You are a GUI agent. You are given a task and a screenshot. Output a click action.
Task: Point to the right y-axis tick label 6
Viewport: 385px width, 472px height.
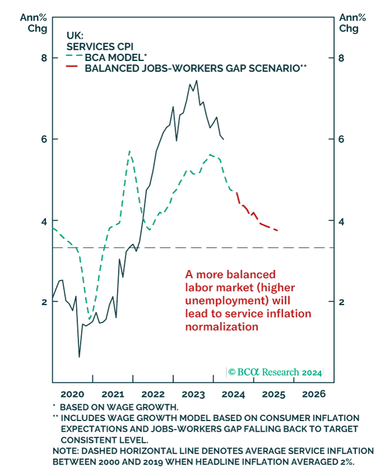click(x=341, y=139)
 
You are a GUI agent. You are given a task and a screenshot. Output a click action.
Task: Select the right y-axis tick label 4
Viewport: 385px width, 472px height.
click(x=341, y=221)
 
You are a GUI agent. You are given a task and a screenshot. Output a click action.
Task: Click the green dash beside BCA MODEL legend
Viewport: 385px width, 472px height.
click(x=71, y=57)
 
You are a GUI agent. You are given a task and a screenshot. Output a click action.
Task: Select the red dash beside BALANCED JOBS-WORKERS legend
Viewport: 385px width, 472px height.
click(x=71, y=68)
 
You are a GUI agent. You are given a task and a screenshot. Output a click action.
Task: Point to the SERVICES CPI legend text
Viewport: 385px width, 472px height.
click(x=99, y=46)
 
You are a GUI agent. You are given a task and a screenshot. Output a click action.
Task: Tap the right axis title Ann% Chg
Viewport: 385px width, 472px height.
click(x=349, y=22)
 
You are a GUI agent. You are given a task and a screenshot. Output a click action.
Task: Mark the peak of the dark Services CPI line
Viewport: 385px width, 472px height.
click(x=196, y=81)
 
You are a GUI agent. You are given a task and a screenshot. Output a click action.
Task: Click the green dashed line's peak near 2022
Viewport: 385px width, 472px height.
click(x=129, y=151)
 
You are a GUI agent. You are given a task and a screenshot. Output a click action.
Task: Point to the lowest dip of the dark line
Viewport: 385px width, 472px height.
click(x=79, y=357)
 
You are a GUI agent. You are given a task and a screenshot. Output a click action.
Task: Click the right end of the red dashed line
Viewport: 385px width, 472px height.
click(x=278, y=230)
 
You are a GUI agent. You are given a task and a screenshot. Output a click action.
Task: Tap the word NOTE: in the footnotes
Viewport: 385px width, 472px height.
click(x=65, y=451)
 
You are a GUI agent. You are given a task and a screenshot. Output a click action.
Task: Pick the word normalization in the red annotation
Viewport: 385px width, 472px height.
click(x=222, y=326)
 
